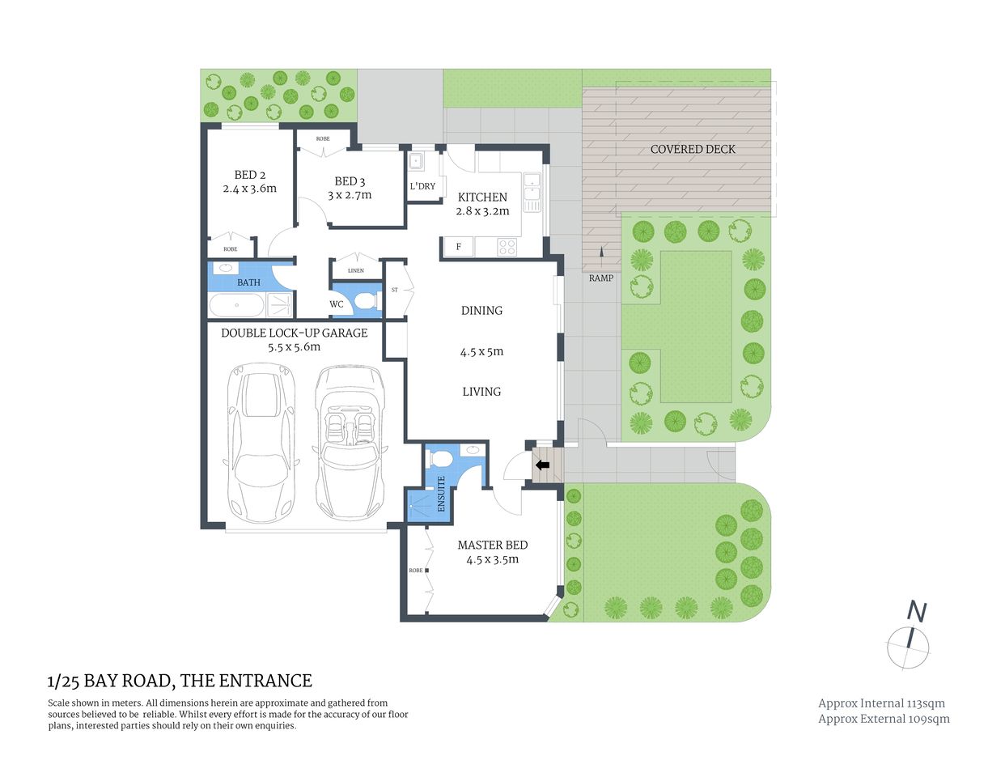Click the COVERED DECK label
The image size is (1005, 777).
(x=693, y=149)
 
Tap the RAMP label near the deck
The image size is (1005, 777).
(x=600, y=278)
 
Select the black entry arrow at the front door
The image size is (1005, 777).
(x=542, y=465)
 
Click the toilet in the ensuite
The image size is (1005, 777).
(x=440, y=458)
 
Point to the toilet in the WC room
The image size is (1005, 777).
(x=366, y=302)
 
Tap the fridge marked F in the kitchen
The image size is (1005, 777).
(x=459, y=246)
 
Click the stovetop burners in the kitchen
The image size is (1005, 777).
(x=507, y=246)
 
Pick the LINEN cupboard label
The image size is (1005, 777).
(x=355, y=270)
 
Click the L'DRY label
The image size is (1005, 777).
(x=422, y=186)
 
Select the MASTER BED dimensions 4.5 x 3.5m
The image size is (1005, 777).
(x=492, y=559)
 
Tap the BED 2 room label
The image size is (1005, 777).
(x=249, y=175)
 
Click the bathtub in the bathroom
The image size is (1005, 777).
(x=236, y=305)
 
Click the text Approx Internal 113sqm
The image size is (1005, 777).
(x=881, y=703)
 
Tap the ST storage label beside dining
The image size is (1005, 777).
(x=395, y=289)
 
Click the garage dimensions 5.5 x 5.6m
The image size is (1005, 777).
(x=294, y=347)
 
